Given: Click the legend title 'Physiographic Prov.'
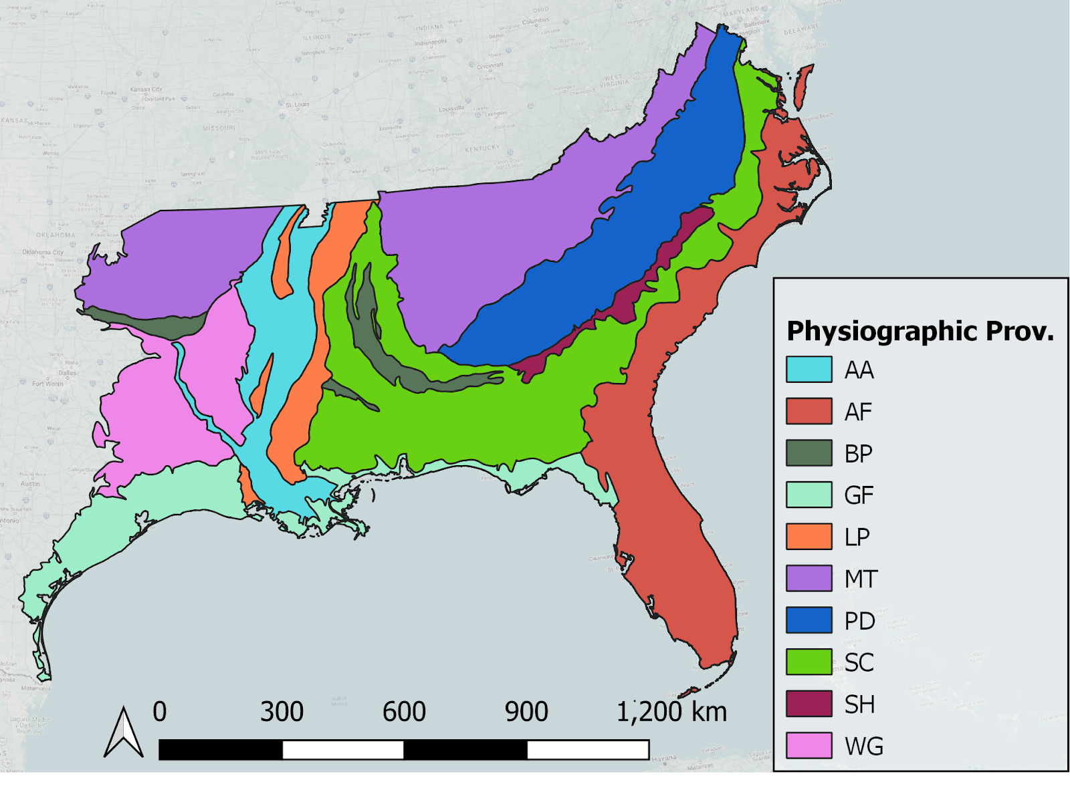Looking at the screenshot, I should [920, 331].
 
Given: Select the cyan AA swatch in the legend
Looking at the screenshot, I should [809, 370].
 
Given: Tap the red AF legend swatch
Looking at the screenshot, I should [809, 411].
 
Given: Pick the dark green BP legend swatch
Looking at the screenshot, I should [809, 453].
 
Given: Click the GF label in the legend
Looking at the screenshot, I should [859, 495].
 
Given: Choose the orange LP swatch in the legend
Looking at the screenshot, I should [809, 537].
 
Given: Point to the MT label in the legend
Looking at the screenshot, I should [861, 579].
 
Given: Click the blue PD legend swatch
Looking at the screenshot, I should [809, 620].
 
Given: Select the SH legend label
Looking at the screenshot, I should [859, 704].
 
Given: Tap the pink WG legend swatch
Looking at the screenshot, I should [809, 746].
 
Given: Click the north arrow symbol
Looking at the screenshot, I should [124, 733].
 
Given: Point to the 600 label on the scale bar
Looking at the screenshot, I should [404, 712].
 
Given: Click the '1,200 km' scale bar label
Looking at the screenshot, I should [671, 712].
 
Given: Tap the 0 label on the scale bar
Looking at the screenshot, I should [159, 712].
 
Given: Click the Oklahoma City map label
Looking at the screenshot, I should [43, 252].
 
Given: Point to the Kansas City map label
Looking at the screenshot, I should [146, 89].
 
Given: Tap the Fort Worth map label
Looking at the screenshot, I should [47, 384].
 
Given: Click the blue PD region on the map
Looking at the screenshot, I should [602, 267].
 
